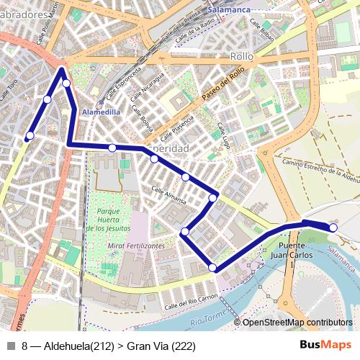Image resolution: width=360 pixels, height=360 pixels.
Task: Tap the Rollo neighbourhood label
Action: point(241,55)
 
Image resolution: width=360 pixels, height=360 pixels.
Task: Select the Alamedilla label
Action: point(102,112)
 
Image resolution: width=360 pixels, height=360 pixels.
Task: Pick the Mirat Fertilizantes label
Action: point(135,246)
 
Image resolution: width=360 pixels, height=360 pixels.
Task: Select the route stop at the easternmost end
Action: point(333,228)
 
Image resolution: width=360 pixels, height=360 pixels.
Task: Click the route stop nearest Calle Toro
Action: point(30,135)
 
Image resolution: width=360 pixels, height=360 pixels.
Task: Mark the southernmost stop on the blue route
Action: point(212,268)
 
